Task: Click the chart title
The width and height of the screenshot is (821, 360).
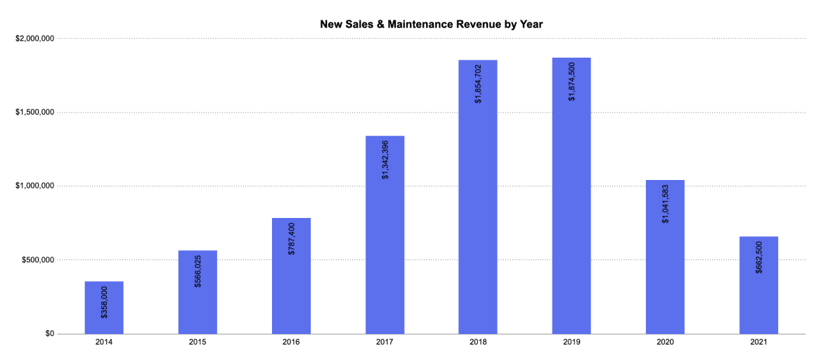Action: (x=431, y=25)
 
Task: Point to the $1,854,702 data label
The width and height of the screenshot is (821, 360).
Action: (x=478, y=84)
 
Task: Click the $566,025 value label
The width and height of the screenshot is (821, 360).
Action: (x=198, y=271)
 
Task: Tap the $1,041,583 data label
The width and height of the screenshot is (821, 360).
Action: (x=665, y=203)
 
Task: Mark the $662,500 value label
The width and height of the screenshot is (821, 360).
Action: (x=758, y=257)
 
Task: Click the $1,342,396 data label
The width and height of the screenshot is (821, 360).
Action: (x=384, y=160)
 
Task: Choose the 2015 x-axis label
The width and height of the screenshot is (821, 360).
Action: (x=198, y=342)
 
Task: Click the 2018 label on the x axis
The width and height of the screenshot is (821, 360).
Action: (x=478, y=342)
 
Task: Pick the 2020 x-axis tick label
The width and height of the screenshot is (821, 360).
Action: (x=665, y=342)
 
